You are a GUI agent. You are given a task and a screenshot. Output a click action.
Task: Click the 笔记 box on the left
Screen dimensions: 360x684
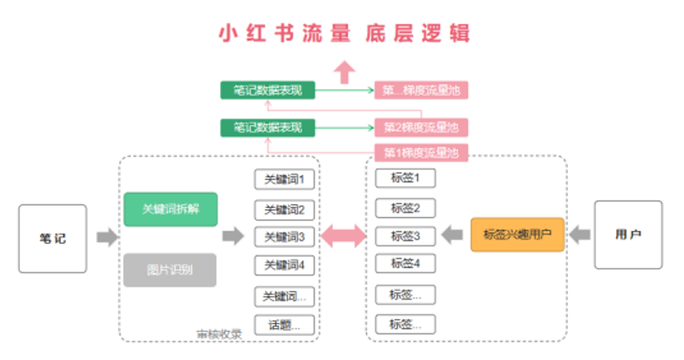click(53, 239)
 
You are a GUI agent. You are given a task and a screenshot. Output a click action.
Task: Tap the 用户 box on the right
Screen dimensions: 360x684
click(627, 235)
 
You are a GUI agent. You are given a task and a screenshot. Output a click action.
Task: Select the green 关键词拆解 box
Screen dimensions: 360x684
click(170, 209)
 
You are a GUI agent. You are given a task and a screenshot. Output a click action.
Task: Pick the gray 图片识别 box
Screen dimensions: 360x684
click(170, 270)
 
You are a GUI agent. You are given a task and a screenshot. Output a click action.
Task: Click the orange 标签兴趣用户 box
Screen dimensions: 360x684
click(517, 234)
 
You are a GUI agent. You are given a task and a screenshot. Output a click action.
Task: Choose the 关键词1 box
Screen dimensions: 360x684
click(284, 180)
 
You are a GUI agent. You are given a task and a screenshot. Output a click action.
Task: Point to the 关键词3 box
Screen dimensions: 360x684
click(284, 237)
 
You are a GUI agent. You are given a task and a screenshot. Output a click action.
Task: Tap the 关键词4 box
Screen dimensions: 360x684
click(284, 265)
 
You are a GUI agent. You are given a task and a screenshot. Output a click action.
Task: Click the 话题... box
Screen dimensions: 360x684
click(284, 325)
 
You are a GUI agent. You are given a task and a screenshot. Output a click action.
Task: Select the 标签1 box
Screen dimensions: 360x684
click(405, 178)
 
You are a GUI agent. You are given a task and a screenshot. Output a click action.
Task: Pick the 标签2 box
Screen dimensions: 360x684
click(405, 208)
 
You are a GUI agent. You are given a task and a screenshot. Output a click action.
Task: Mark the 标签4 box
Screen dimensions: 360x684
click(405, 263)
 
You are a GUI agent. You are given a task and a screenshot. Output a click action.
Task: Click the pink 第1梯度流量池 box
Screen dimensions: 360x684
click(420, 153)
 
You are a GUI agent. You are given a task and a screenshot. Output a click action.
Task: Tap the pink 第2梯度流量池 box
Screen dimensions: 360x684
click(420, 128)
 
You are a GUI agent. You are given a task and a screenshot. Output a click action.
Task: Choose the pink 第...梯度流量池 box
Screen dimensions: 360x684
click(420, 90)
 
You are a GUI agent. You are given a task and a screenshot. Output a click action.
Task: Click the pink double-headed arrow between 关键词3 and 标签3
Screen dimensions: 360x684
click(344, 236)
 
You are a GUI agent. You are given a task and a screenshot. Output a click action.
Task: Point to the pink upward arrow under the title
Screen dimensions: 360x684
click(345, 72)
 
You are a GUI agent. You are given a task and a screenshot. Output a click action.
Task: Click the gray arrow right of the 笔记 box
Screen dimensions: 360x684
click(107, 238)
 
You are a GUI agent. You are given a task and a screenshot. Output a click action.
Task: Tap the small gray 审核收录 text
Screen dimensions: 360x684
click(218, 334)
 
